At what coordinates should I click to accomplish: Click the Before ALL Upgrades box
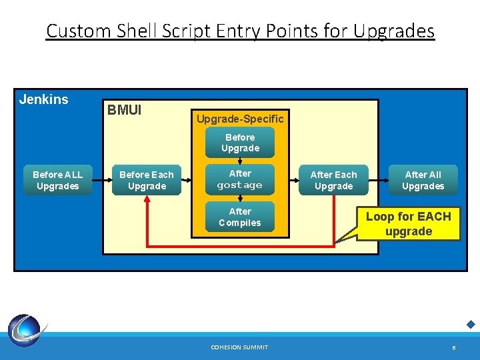[x=57, y=181]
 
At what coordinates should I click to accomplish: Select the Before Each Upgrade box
[x=146, y=181]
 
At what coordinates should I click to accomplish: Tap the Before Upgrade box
[x=240, y=143]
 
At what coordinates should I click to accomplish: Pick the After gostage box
[x=240, y=179]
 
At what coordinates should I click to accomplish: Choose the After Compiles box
[x=240, y=217]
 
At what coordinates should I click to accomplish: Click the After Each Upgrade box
[x=334, y=181]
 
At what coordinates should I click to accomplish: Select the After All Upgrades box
[x=423, y=181]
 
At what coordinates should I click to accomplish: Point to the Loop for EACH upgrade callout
[x=408, y=224]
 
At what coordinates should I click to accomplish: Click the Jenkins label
[x=44, y=100]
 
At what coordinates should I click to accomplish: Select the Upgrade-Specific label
[x=240, y=119]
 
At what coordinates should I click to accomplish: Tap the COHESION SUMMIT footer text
[x=239, y=347]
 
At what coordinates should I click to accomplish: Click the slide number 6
[x=453, y=348]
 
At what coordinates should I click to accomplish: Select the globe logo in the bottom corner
[x=26, y=331]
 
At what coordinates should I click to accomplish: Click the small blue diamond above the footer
[x=471, y=325]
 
